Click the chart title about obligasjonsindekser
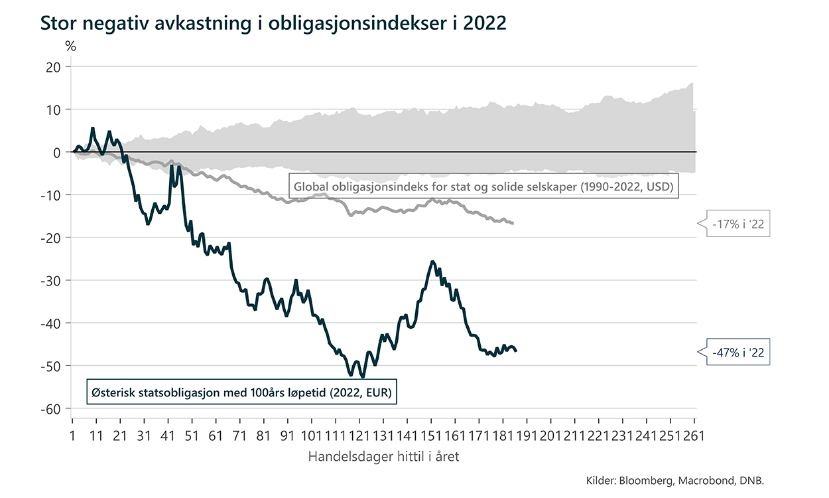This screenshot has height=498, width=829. tap(273, 23)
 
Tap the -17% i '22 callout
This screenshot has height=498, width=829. tap(737, 224)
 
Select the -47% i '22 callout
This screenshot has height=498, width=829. tap(737, 353)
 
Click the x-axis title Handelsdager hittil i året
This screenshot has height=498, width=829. tap(384, 457)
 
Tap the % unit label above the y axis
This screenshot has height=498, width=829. tap(71, 46)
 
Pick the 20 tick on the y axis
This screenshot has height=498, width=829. tap(54, 67)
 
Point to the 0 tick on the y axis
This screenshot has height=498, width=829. tap(57, 152)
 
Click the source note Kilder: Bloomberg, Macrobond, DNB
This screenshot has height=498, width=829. tap(680, 480)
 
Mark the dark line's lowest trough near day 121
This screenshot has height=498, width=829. tap(362, 376)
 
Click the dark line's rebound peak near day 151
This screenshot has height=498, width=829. tap(432, 262)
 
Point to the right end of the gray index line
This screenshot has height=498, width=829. tap(513, 223)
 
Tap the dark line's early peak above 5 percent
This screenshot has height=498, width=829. tap(93, 128)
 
